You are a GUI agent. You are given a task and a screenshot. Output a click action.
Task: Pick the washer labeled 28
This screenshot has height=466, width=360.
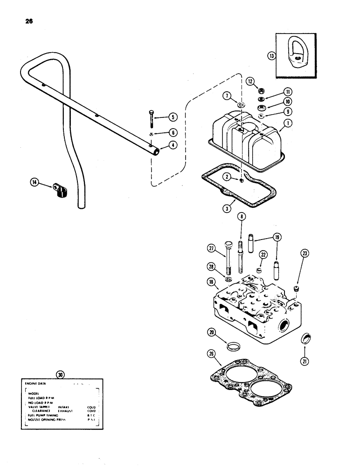coord(228,280)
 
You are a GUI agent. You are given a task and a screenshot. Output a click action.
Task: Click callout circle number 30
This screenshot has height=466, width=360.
coord(59,374)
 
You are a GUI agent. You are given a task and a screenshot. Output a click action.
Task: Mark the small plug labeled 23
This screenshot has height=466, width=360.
coord(295,289)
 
